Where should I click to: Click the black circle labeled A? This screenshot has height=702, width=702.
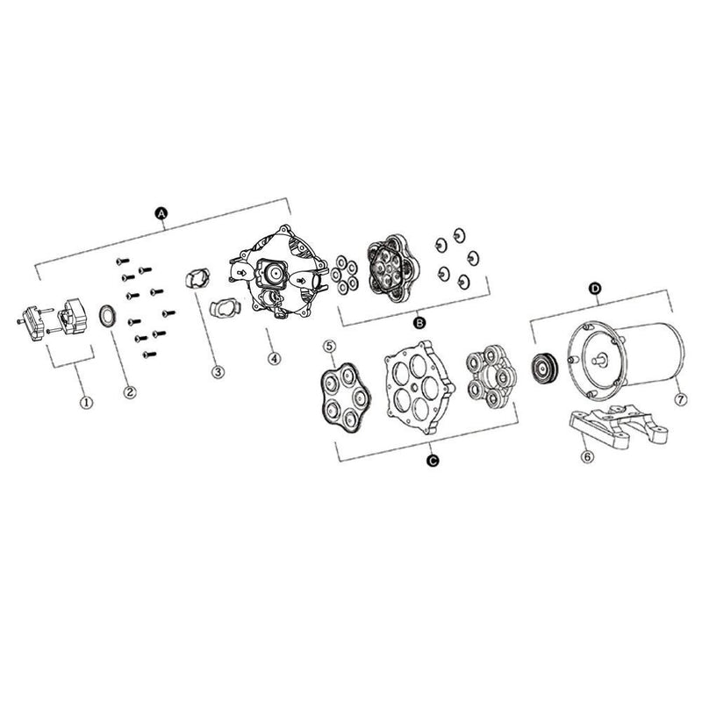pos(161,213)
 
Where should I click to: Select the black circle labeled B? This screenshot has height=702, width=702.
pos(419,322)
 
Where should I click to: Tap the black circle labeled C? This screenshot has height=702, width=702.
pos(433,460)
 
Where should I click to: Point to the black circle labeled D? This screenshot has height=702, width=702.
pos(595,289)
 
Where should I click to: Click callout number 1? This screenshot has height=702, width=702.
pos(86,402)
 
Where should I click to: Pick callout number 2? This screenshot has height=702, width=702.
pos(129,391)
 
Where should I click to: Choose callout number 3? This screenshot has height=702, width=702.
pos(218,371)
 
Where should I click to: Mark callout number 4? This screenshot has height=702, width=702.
pos(274,358)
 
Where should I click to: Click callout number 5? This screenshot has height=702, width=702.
pos(330,346)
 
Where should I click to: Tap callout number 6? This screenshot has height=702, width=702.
pos(587,456)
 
